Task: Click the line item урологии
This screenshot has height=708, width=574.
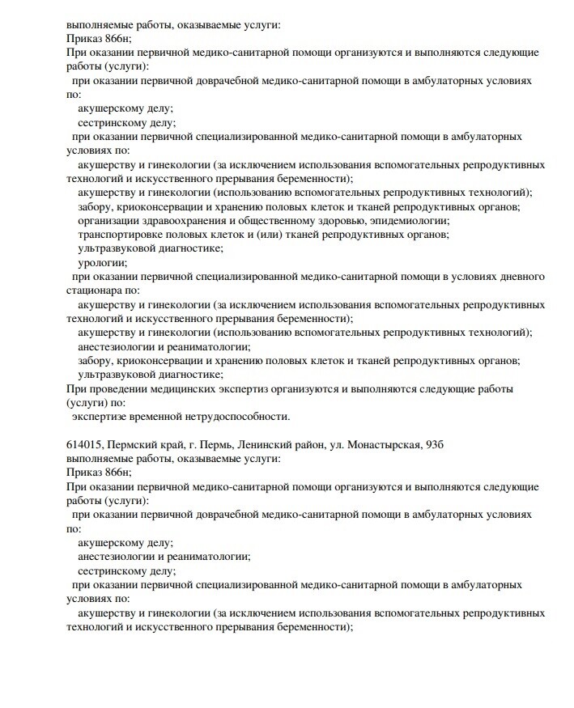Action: (102, 262)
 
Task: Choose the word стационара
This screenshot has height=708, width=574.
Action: (93, 290)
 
